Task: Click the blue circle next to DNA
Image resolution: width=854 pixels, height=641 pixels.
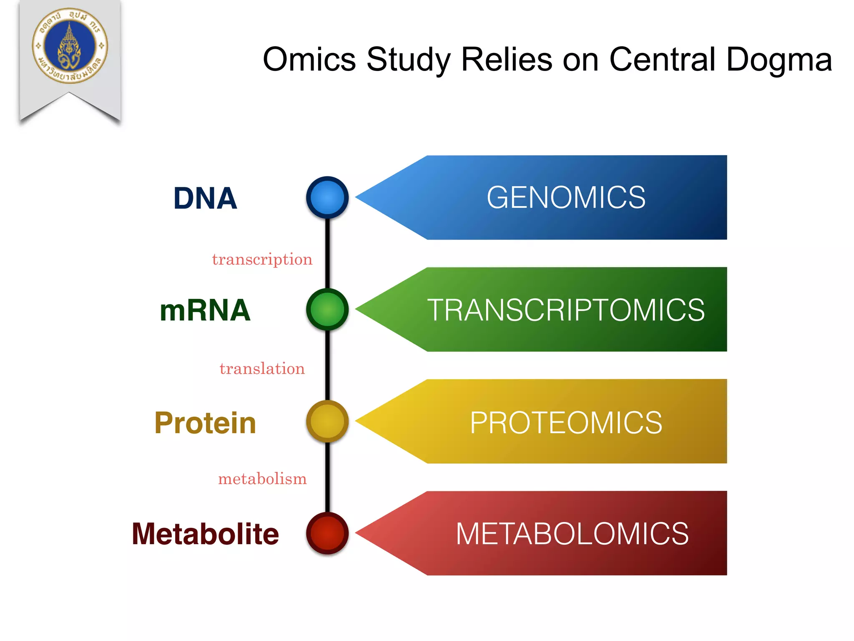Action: tap(327, 197)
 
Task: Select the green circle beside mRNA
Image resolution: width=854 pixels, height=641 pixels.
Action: tap(327, 309)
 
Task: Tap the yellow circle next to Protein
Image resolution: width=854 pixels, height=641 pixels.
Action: tap(327, 421)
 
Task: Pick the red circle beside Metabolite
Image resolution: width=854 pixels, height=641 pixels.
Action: tap(327, 533)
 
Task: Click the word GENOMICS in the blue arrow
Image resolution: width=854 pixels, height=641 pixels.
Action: tap(566, 197)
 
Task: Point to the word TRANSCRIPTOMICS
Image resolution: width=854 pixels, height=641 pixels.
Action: tap(566, 310)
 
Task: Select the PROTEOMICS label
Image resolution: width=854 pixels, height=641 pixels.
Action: tap(566, 422)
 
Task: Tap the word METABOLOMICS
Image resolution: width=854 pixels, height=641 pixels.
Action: tap(572, 534)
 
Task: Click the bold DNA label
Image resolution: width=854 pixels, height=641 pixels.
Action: tap(205, 198)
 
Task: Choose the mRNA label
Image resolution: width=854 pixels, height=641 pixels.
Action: tap(205, 310)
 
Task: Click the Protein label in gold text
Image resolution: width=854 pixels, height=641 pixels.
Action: tap(205, 423)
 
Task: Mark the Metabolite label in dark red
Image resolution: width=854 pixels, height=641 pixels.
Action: tap(205, 534)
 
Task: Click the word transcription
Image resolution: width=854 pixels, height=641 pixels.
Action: tap(262, 260)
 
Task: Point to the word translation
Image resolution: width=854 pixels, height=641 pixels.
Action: tap(262, 369)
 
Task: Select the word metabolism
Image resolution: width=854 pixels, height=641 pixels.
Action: tap(262, 479)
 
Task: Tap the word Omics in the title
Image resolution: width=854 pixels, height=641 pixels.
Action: tap(309, 59)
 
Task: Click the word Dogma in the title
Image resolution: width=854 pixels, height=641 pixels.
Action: tap(779, 59)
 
